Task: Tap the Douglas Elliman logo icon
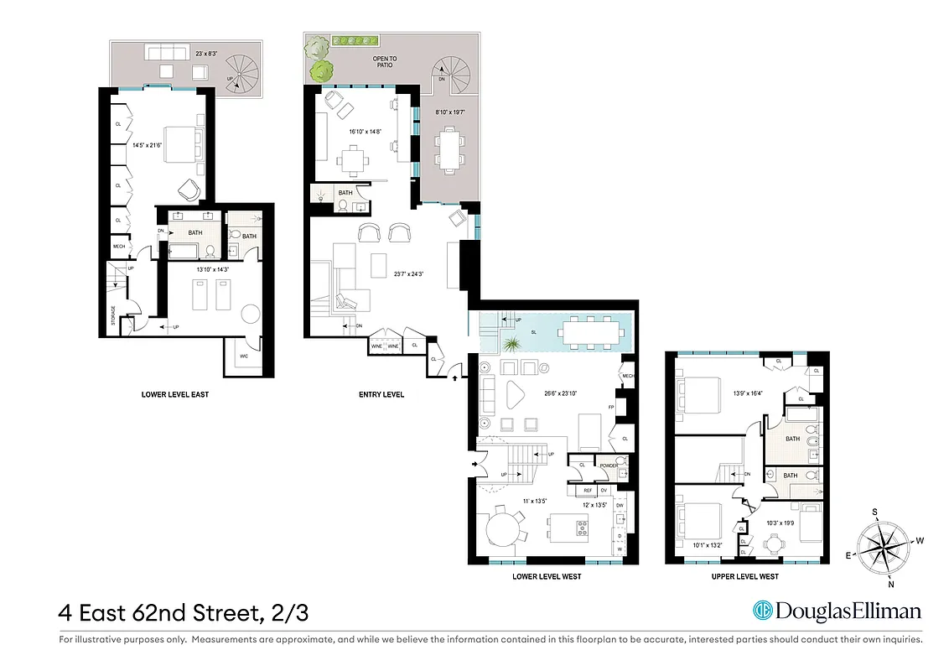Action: (x=762, y=611)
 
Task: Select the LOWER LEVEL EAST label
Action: (x=175, y=393)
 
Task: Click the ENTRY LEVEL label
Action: (x=381, y=393)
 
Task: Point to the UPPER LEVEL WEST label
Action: (x=744, y=576)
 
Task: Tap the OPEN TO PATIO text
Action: (x=385, y=62)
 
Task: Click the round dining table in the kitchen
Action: (x=503, y=531)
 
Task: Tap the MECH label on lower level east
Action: (x=119, y=247)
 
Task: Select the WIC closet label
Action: (x=244, y=356)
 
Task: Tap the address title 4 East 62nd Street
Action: (x=183, y=612)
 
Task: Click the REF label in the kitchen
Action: (x=588, y=490)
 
